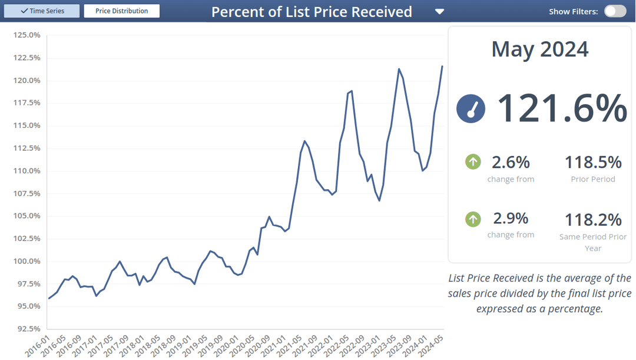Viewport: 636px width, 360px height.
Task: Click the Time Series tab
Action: click(x=42, y=11)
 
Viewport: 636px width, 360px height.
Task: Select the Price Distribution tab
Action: click(x=122, y=11)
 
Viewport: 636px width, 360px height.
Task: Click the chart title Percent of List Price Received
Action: click(x=312, y=12)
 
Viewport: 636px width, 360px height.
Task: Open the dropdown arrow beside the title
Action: click(x=439, y=12)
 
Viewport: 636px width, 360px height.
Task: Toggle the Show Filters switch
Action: click(x=615, y=11)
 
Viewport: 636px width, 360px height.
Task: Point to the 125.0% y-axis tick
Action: click(x=26, y=35)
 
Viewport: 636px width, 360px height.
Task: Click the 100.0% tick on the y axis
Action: click(x=26, y=261)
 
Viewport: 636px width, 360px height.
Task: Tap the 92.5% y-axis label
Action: click(x=26, y=329)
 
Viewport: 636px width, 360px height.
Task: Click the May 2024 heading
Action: click(x=539, y=49)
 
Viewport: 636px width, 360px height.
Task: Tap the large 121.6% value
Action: click(x=562, y=108)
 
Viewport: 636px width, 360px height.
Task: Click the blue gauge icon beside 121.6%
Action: click(x=471, y=109)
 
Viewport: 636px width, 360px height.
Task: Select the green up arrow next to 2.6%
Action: click(x=473, y=161)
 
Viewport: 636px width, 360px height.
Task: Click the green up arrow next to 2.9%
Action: click(x=473, y=219)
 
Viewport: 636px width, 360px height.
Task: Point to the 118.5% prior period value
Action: click(x=593, y=162)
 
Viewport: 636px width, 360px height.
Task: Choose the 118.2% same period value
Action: click(x=593, y=220)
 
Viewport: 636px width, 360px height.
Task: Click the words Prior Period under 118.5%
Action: click(x=593, y=179)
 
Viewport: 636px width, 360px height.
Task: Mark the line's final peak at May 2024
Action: click(x=442, y=67)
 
